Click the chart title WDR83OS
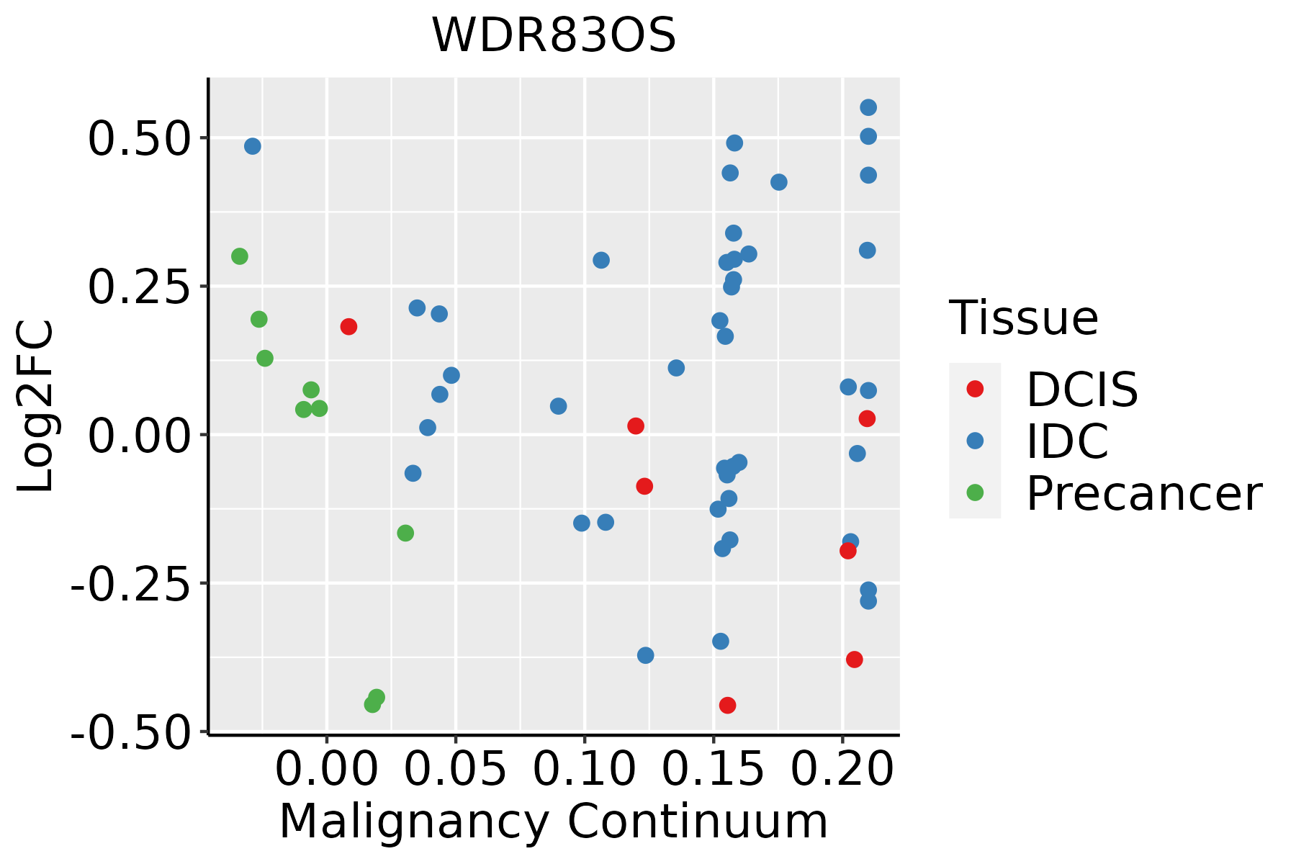(553, 36)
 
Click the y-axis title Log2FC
(36, 406)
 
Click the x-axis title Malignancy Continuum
(553, 822)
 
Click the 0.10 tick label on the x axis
(584, 769)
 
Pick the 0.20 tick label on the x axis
(842, 769)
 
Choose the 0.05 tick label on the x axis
(455, 769)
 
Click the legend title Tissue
(1023, 318)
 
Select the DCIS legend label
(1081, 390)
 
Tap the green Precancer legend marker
(975, 493)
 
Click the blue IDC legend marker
(975, 441)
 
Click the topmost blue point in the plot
(868, 107)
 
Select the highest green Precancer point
(240, 256)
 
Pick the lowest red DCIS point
(727, 705)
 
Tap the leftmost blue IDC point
(252, 146)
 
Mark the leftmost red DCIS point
(348, 327)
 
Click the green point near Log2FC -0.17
(405, 533)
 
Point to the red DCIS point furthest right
(867, 418)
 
